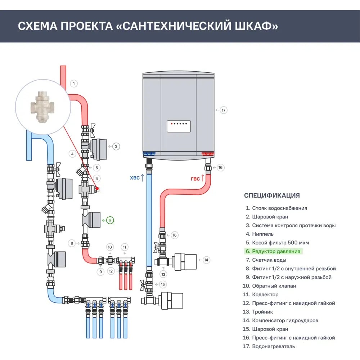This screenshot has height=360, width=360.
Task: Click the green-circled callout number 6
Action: coord(110,220)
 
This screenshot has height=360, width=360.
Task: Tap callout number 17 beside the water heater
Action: coord(224,110)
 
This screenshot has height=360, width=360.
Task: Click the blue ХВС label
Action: coord(135,178)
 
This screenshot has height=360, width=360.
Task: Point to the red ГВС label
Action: coord(195,179)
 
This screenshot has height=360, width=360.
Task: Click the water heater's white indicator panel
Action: coord(179,126)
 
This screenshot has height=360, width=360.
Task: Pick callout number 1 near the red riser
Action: coord(73,84)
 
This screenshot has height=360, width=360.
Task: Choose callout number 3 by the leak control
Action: coord(116,147)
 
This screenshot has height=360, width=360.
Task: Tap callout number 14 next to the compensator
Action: coord(206,260)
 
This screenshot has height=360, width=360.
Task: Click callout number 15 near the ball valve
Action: coord(163,284)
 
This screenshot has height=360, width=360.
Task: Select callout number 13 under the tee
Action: coord(164,274)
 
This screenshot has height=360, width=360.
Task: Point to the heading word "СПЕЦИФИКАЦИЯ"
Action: coord(272,195)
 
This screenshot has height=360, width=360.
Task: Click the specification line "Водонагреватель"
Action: coord(273,346)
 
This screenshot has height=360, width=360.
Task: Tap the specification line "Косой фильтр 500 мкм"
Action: coord(280,243)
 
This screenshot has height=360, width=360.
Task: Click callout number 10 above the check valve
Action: coord(110,247)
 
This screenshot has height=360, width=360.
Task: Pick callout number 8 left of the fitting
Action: coord(72,243)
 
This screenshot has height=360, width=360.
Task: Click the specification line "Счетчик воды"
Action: coord(269,260)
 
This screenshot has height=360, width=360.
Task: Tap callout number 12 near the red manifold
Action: coord(111,271)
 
